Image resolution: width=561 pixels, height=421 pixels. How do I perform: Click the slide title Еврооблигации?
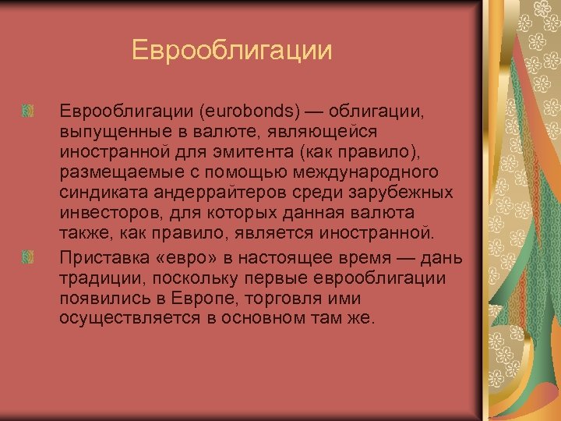pyautogui.click(x=232, y=51)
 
